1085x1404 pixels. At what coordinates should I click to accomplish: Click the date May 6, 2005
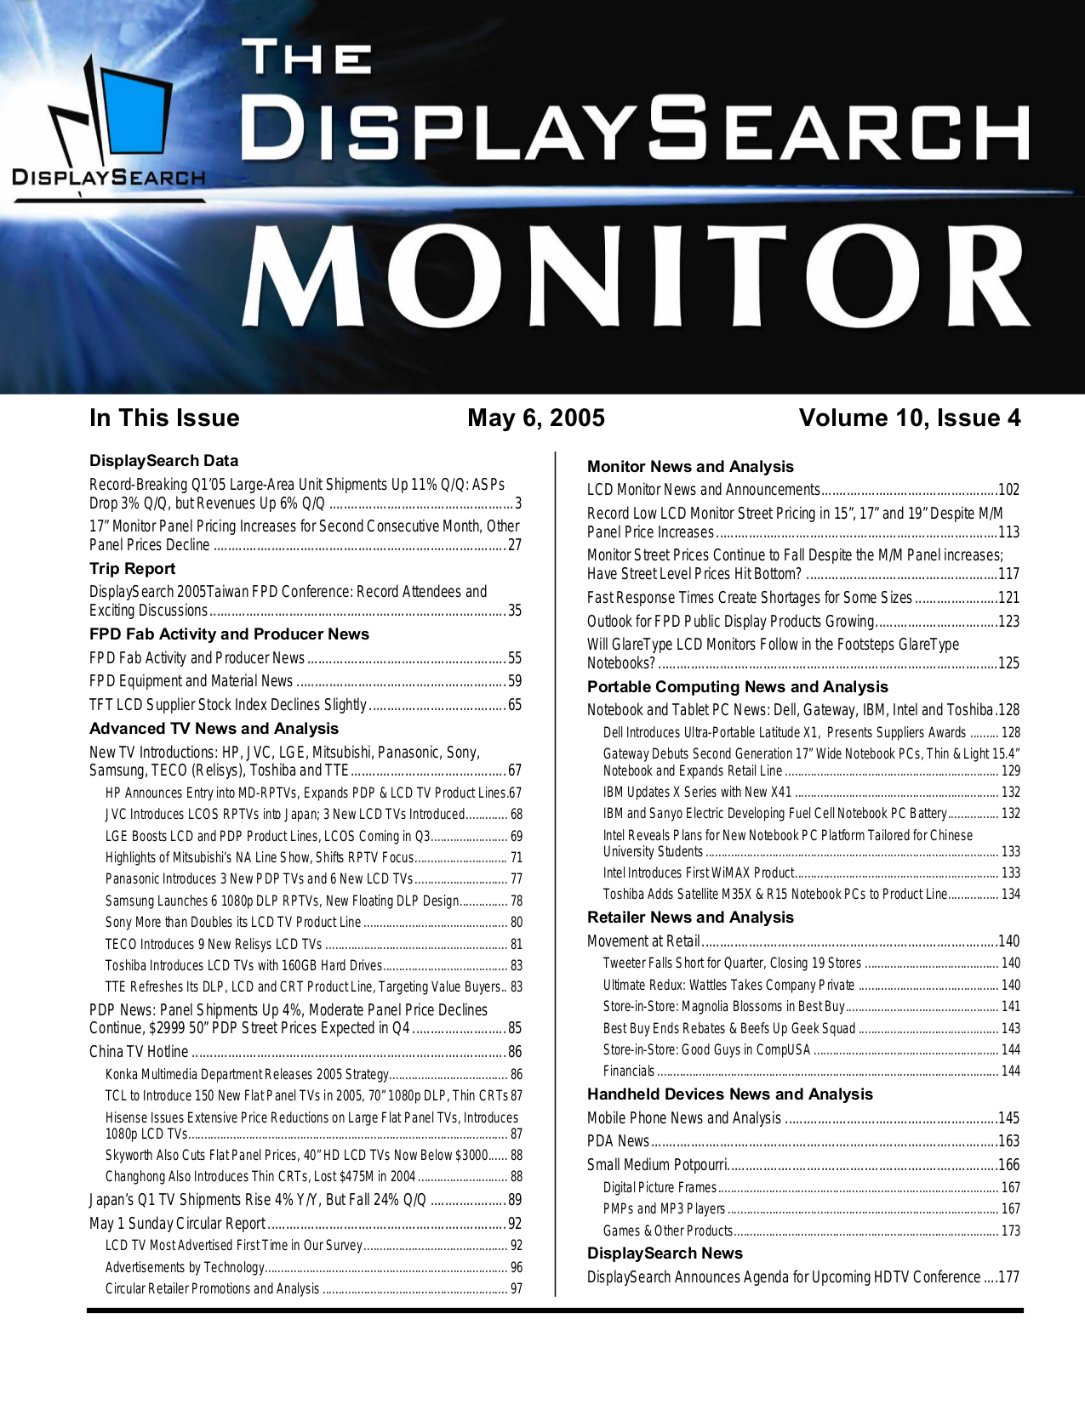coord(535,418)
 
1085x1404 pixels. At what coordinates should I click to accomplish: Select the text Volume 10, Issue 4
coord(909,418)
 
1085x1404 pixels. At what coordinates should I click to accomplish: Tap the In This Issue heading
coord(164,418)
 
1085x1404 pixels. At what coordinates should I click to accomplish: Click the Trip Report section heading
coord(132,568)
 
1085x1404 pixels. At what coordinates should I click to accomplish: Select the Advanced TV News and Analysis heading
coord(214,728)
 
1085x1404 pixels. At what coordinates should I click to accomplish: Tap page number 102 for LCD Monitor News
coord(1008,490)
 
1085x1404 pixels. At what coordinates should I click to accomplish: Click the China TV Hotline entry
coord(139,1052)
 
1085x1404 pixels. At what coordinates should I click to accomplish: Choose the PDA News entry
coord(618,1141)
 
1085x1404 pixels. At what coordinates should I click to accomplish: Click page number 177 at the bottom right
coord(1008,1277)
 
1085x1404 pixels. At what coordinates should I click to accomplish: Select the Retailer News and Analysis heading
coord(690,918)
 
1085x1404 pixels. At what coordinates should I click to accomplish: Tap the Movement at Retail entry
coord(643,941)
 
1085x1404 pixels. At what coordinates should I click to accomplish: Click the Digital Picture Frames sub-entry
coord(660,1187)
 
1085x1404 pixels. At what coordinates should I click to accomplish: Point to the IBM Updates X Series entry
coord(697,792)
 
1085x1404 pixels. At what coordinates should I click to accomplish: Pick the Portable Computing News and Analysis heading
coord(737,686)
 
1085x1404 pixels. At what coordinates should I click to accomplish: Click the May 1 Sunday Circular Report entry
coord(177,1224)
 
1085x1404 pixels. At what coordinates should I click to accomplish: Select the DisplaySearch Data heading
coord(163,460)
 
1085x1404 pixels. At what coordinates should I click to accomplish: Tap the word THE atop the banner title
coord(307,57)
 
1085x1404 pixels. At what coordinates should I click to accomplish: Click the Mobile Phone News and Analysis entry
coord(683,1118)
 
